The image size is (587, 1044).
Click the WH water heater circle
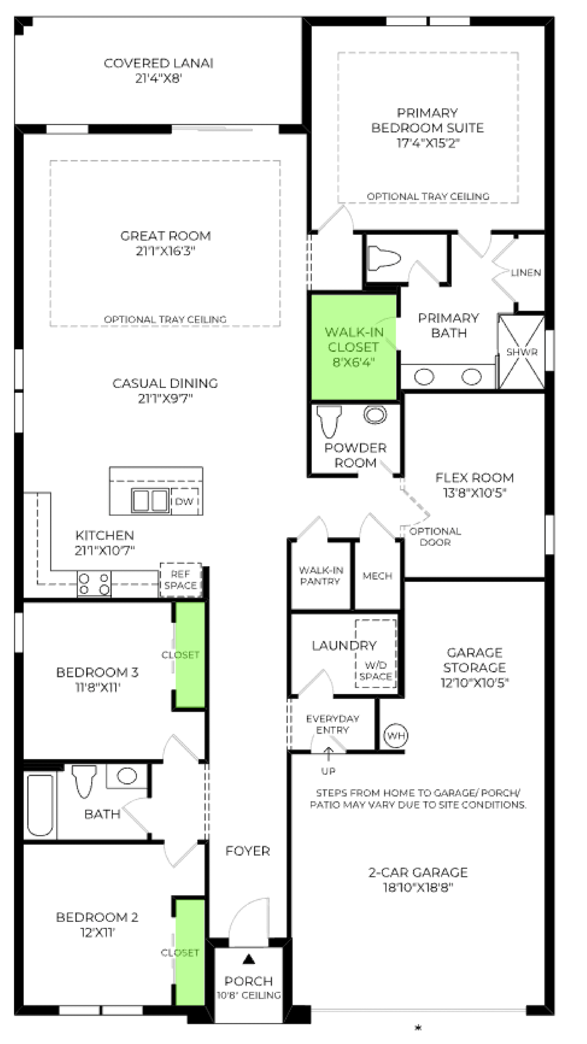395,735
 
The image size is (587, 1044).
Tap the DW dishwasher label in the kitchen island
184,501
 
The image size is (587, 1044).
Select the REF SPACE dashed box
181,580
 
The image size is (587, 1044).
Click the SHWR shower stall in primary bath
521,352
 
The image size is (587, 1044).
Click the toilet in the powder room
329,421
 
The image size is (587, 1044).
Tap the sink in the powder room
375,415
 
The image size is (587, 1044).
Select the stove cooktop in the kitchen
94,584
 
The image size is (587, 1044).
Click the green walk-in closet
354,347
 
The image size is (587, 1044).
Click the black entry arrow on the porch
249,960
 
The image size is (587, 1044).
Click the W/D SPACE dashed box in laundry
376,654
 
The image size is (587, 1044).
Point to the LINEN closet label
526,272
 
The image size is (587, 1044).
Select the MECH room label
377,576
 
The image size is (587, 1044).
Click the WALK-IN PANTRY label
321,575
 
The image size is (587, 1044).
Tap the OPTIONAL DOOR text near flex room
435,537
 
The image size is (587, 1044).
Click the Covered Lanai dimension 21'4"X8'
158,78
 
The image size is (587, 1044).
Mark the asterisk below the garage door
418,1028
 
